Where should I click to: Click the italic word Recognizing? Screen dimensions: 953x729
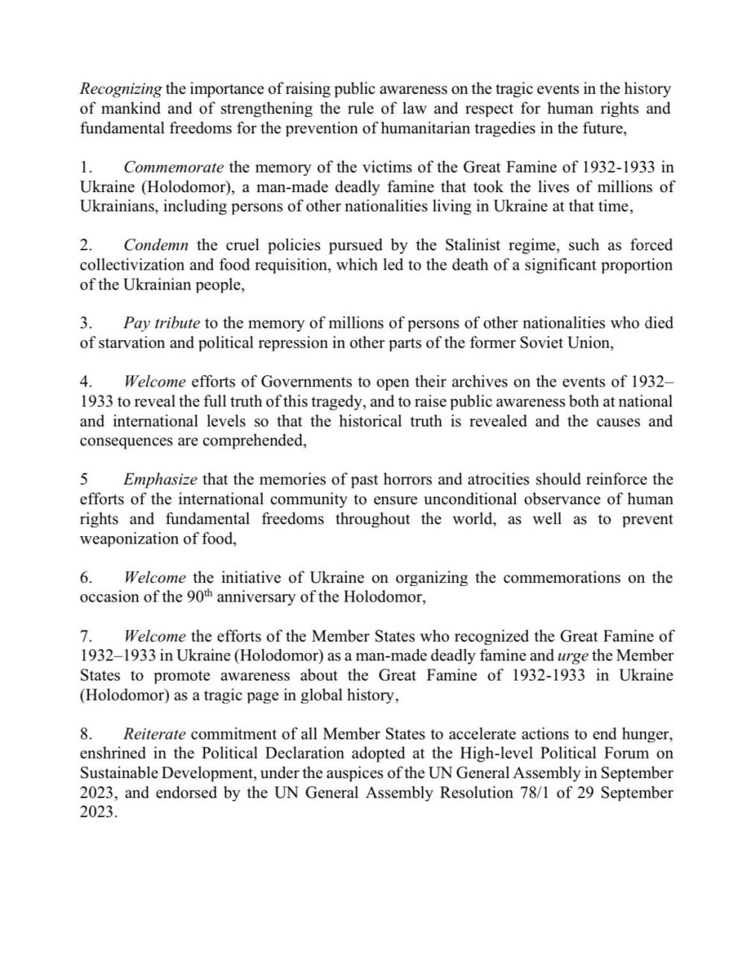tap(121, 89)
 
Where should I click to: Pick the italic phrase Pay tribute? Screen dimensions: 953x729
tap(162, 323)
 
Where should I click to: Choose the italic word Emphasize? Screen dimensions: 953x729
tap(160, 479)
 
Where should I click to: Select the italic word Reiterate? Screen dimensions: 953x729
tap(154, 734)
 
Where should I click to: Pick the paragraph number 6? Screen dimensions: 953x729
tap(85, 578)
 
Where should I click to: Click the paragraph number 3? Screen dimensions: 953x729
tap(85, 323)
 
